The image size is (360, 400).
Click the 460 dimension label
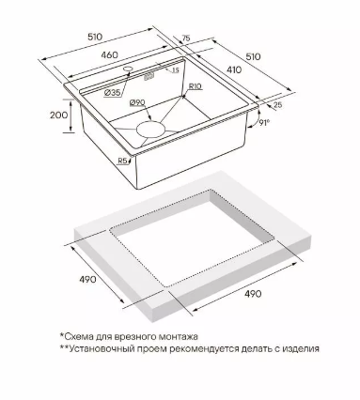click(110, 54)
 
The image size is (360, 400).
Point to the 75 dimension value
click(186, 38)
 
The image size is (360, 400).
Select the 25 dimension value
click(277, 105)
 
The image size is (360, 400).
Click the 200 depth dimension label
click(58, 115)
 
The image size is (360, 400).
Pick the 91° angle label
click(265, 123)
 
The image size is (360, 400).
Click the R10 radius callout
click(196, 86)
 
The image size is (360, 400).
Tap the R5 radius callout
click(122, 161)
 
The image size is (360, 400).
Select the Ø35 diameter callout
click(112, 93)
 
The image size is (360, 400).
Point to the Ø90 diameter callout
click(136, 102)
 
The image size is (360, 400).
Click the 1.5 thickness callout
click(175, 70)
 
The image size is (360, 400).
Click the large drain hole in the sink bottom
click(150, 129)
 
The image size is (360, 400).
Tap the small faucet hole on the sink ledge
click(128, 69)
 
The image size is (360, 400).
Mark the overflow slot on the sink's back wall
click(149, 76)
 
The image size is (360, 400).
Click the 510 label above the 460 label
click(95, 37)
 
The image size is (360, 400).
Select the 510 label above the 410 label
click(253, 56)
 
